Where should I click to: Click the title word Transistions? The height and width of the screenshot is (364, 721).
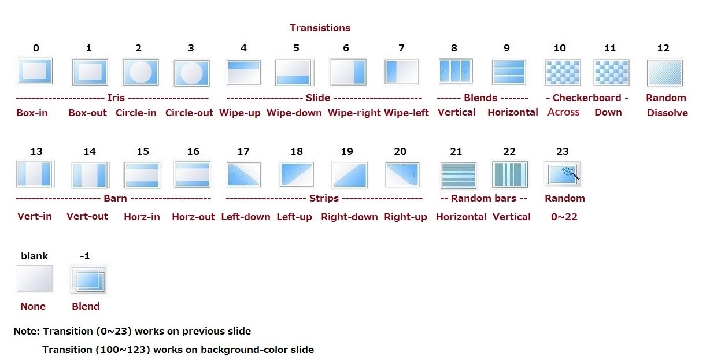(x=320, y=28)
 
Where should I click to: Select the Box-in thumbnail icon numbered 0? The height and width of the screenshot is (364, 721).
(x=35, y=71)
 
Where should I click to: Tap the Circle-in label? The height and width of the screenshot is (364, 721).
(x=136, y=113)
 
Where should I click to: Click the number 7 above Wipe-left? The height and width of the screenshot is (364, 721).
(x=401, y=48)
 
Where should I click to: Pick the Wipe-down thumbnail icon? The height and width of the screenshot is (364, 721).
(x=294, y=72)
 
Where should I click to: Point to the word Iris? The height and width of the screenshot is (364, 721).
(x=116, y=98)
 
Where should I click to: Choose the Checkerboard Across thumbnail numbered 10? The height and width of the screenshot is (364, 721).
(x=563, y=72)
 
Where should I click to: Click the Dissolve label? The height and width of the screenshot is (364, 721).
(x=667, y=113)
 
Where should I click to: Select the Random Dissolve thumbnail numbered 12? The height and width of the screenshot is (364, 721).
(x=665, y=73)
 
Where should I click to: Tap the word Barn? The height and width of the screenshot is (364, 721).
(x=115, y=198)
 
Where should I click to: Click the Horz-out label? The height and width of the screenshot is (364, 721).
(x=193, y=217)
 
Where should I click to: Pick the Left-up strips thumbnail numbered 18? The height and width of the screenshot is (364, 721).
(x=297, y=174)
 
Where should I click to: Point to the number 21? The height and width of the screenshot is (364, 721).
(x=456, y=151)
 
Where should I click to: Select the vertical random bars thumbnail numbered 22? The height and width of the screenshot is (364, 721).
(x=510, y=174)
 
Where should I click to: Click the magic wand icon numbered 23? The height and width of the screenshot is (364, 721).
(x=563, y=174)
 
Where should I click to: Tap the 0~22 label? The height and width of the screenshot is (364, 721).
(x=564, y=217)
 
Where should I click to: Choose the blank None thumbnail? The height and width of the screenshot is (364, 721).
(x=35, y=278)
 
